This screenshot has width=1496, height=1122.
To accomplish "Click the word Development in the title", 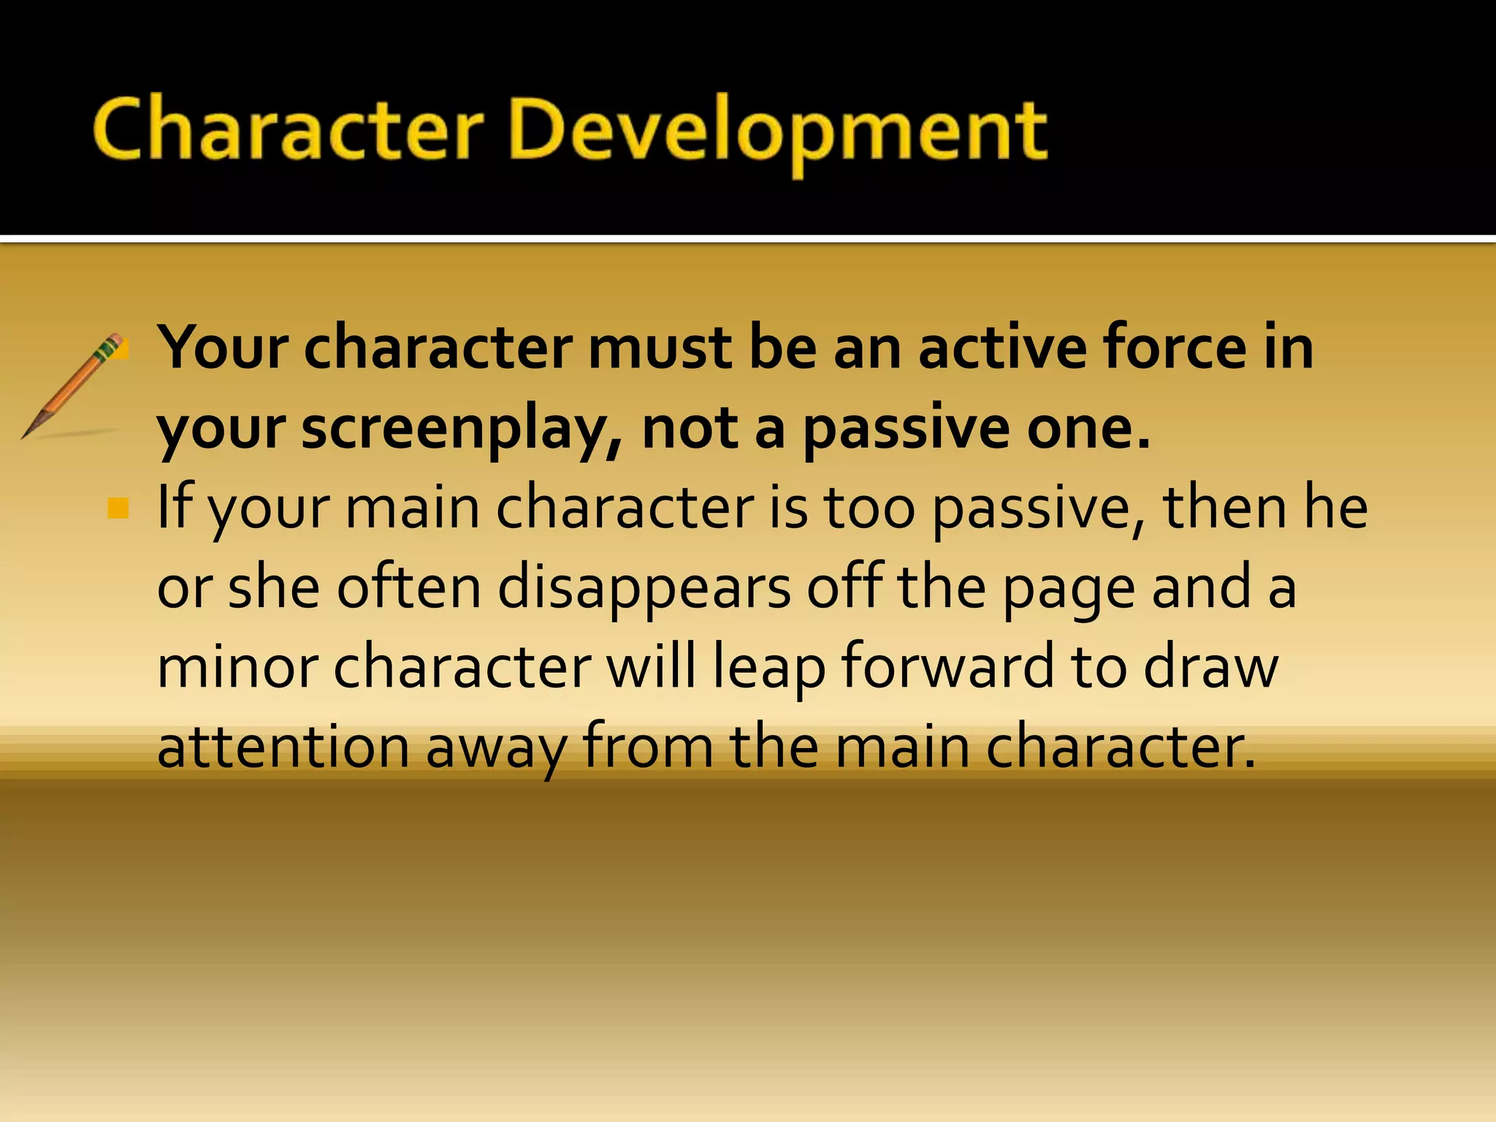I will click(x=778, y=131).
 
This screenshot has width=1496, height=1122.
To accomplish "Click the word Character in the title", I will click(x=289, y=131).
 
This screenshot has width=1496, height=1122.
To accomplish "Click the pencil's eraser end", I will click(x=115, y=340).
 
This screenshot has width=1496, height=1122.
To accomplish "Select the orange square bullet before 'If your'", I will click(x=118, y=508).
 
